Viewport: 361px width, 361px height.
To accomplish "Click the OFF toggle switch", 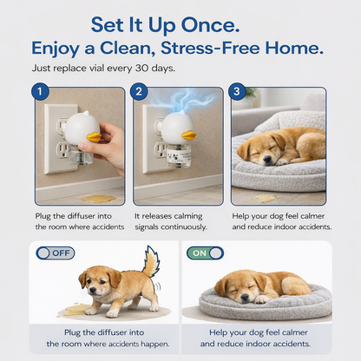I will coord(54,253).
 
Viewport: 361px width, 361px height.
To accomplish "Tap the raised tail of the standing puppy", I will coord(150,263).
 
